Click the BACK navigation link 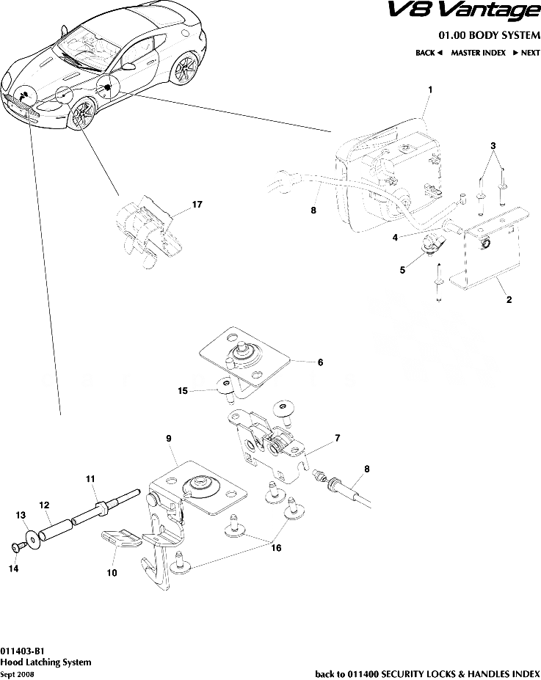(428, 53)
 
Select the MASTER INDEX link (478, 53)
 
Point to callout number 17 (197, 205)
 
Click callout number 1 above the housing (429, 89)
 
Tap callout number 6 (320, 362)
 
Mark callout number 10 (112, 574)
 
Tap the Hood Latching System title (46, 661)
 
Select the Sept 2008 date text (17, 673)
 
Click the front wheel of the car (81, 115)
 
